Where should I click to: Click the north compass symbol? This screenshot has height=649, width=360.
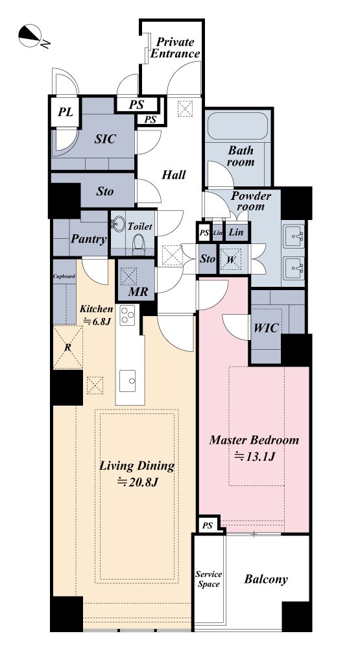point(30,36)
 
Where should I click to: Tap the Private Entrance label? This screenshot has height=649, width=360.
point(175,48)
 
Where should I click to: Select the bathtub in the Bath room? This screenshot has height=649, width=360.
point(237,126)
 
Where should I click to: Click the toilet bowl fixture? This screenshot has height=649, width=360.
point(139,244)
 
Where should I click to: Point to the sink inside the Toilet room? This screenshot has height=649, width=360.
point(118,225)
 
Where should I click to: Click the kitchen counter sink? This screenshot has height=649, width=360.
point(127,381)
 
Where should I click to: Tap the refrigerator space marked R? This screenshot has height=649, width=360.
point(68,347)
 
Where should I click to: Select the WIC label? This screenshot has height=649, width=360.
point(266,328)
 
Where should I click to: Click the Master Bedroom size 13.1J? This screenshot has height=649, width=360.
point(255,456)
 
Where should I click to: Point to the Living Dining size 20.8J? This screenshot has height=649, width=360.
point(137,482)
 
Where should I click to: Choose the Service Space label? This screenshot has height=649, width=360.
point(209,579)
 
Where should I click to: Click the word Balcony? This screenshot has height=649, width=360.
point(266,579)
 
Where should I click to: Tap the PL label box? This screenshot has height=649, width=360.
point(65,112)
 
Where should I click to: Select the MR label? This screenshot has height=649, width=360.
point(138,291)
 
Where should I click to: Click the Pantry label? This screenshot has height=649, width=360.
point(89,239)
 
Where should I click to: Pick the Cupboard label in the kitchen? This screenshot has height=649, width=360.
point(64,276)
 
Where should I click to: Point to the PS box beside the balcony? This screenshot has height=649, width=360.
point(208,526)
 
